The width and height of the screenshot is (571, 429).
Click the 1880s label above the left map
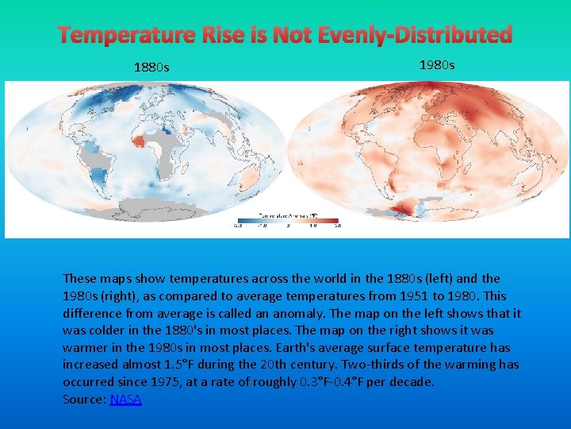(151, 68)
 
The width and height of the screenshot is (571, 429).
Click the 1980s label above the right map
(437, 64)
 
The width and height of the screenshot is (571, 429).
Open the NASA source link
(125, 400)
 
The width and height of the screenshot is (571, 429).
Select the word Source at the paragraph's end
(83, 400)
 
